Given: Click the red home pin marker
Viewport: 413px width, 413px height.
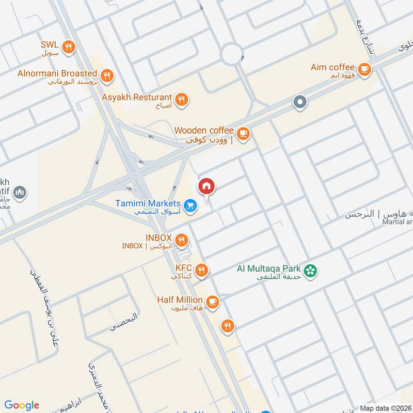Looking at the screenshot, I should pyautogui.click(x=206, y=186).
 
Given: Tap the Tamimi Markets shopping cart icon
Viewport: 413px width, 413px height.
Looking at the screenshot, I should pyautogui.click(x=191, y=206).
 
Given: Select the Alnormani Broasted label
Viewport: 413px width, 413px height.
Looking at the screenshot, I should pyautogui.click(x=57, y=74).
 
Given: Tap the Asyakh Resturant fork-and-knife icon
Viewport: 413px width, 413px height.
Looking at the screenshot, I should pyautogui.click(x=181, y=100).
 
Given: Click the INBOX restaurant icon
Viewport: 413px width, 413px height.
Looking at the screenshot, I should pyautogui.click(x=181, y=240).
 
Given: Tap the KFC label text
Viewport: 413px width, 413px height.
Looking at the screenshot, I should pyautogui.click(x=183, y=268).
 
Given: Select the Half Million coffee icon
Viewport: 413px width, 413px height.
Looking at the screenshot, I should pyautogui.click(x=212, y=301).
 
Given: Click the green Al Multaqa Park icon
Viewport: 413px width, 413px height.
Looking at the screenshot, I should pyautogui.click(x=310, y=271).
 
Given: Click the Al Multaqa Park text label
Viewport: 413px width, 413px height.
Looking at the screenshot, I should pyautogui.click(x=269, y=268).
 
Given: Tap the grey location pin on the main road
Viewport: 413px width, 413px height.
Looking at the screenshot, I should pyautogui.click(x=300, y=102).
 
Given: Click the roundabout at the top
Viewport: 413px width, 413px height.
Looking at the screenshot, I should pyautogui.click(x=232, y=53).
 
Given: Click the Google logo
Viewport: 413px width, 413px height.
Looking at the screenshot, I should pyautogui.click(x=22, y=405).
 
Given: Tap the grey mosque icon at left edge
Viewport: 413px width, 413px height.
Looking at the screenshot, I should pyautogui.click(x=20, y=193).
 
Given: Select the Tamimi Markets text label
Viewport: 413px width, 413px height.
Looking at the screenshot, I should pyautogui.click(x=148, y=203).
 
